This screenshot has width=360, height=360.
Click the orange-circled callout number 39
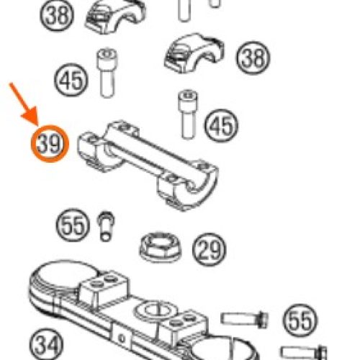pyautogui.click(x=50, y=144)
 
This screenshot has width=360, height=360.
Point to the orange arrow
pyautogui.click(x=24, y=104)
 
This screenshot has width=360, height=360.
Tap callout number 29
pyautogui.click(x=210, y=250)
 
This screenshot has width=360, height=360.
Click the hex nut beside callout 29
pyautogui.click(x=161, y=247)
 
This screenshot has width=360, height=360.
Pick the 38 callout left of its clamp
pyautogui.click(x=57, y=14)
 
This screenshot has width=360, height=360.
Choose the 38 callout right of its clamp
pyautogui.click(x=253, y=58)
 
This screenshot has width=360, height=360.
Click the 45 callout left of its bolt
pyautogui.click(x=71, y=80)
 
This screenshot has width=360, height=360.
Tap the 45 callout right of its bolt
pyautogui.click(x=221, y=125)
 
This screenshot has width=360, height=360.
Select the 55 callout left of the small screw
pyautogui.click(x=73, y=225)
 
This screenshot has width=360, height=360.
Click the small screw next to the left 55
pyautogui.click(x=106, y=226)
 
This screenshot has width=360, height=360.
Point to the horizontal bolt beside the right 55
pyautogui.click(x=244, y=320)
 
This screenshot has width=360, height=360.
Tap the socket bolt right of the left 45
pyautogui.click(x=107, y=73)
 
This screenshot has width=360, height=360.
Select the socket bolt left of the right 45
pyautogui.click(x=188, y=114)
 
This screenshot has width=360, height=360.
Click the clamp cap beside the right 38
pyautogui.click(x=194, y=53)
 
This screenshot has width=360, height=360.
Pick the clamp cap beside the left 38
pyautogui.click(x=115, y=17)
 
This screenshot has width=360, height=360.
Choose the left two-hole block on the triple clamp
pyautogui.click(x=104, y=290)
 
